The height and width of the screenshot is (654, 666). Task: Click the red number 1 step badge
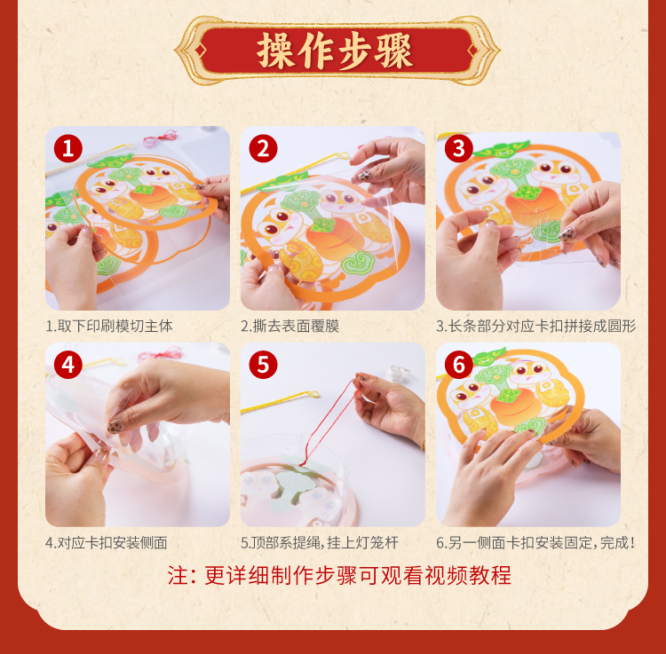click(x=68, y=148)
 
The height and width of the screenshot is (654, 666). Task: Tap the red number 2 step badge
click(x=264, y=148)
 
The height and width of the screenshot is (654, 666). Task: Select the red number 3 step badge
click(x=459, y=148)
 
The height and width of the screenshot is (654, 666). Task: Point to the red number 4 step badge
click(x=68, y=365)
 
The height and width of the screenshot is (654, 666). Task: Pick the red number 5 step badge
click(x=264, y=365)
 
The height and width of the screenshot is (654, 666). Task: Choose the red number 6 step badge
click(x=459, y=365)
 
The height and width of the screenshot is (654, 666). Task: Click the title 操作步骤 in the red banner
click(x=335, y=51)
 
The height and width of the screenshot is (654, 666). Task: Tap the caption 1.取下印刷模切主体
click(x=109, y=326)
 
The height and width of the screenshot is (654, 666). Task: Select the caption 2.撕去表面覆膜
click(x=289, y=326)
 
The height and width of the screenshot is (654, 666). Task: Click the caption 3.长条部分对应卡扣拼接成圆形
click(x=536, y=326)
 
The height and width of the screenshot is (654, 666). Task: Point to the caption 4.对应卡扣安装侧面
click(x=107, y=542)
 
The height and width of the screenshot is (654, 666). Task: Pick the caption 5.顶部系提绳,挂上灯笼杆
click(x=320, y=542)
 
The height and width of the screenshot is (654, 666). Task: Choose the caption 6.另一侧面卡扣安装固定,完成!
click(x=535, y=542)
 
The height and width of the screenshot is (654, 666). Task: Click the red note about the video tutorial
click(x=339, y=576)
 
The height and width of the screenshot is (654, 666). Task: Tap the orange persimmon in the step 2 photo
click(x=335, y=239)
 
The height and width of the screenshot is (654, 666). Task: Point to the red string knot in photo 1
click(x=160, y=138)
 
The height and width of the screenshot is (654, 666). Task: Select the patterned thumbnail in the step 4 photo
click(x=115, y=426)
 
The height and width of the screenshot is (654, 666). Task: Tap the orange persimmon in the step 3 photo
click(x=532, y=205)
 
